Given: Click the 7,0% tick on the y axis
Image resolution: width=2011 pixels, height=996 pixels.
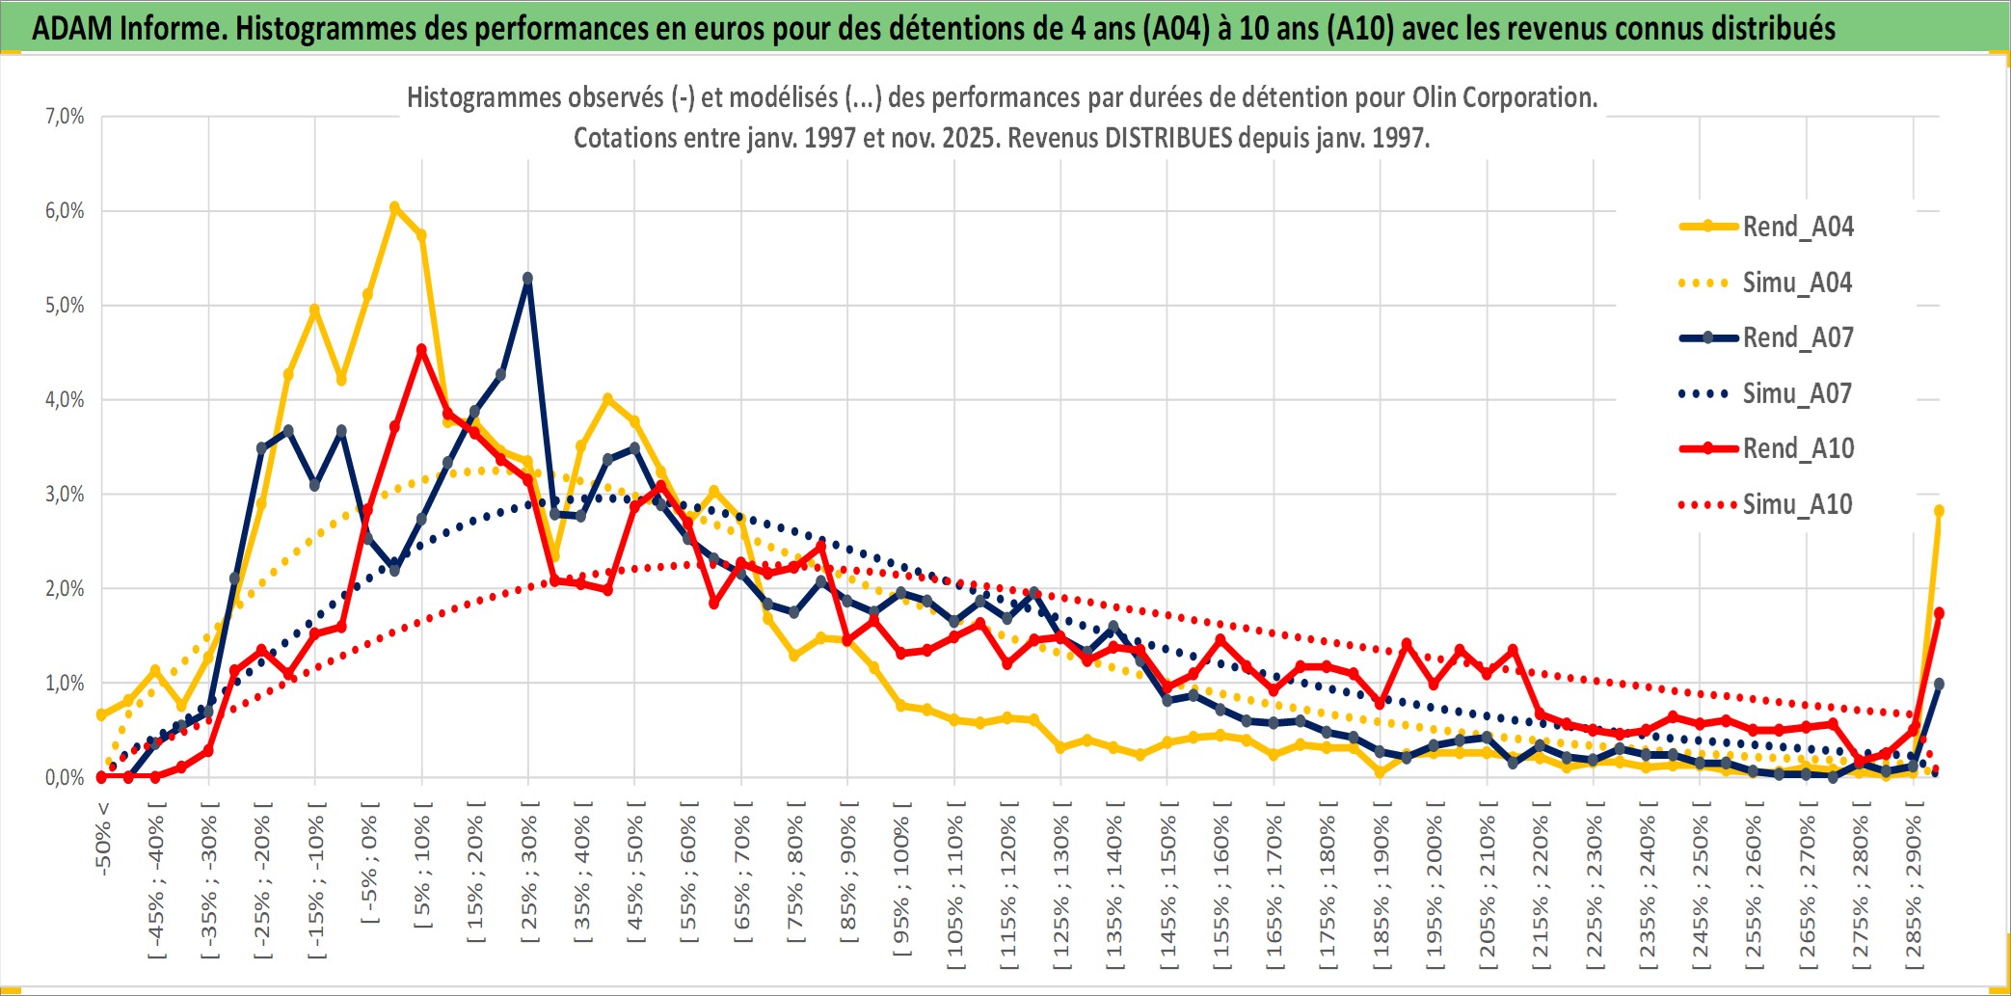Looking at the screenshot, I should [65, 117].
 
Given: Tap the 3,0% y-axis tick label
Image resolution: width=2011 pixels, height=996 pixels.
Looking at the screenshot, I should [65, 495].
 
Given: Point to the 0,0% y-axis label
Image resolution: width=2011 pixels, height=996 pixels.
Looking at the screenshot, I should [65, 778].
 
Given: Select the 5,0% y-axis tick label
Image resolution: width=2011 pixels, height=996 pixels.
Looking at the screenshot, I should [65, 306].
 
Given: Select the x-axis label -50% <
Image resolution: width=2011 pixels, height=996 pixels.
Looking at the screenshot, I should [103, 839].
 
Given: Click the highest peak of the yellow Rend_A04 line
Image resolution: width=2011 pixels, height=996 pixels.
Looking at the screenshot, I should [394, 207].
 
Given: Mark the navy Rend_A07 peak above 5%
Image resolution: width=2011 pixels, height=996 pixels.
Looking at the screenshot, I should [527, 279].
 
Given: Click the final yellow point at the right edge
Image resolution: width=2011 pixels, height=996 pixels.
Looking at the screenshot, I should [1939, 511].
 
